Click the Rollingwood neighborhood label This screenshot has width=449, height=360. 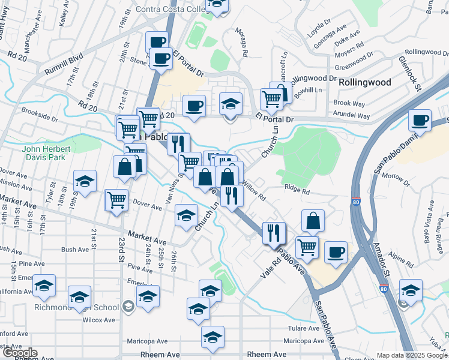coord(364,82)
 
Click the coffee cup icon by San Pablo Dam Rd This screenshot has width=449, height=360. coord(420,120)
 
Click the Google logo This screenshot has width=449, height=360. coord(19,353)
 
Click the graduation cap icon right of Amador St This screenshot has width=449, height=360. coord(411,290)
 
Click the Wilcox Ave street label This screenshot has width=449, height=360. coord(99,320)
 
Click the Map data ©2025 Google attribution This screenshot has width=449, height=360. coord(412,355)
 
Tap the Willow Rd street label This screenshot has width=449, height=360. coord(253,191)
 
